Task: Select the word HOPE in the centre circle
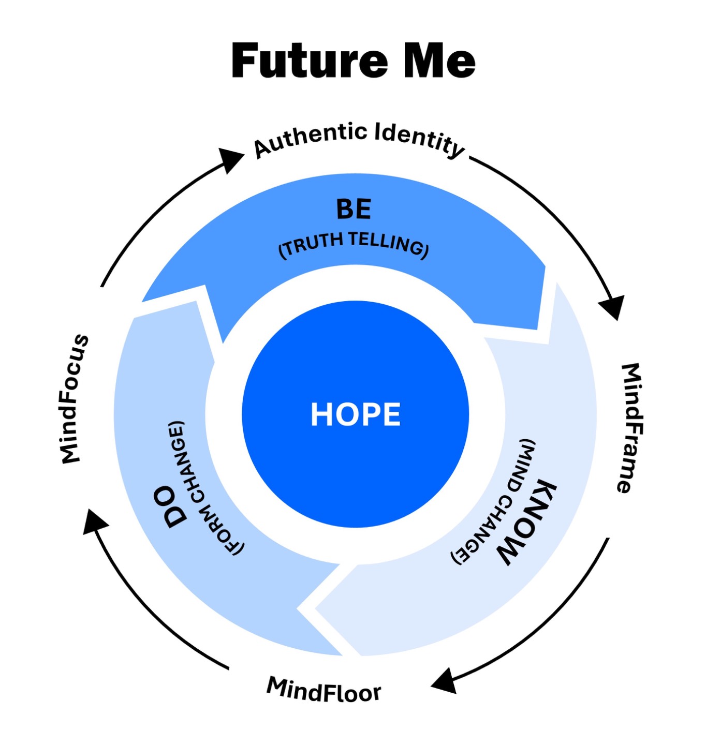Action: (355, 414)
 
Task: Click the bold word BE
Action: (354, 209)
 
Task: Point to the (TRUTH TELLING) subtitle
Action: (354, 246)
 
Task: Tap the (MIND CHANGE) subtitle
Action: (493, 502)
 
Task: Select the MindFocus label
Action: (75, 398)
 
